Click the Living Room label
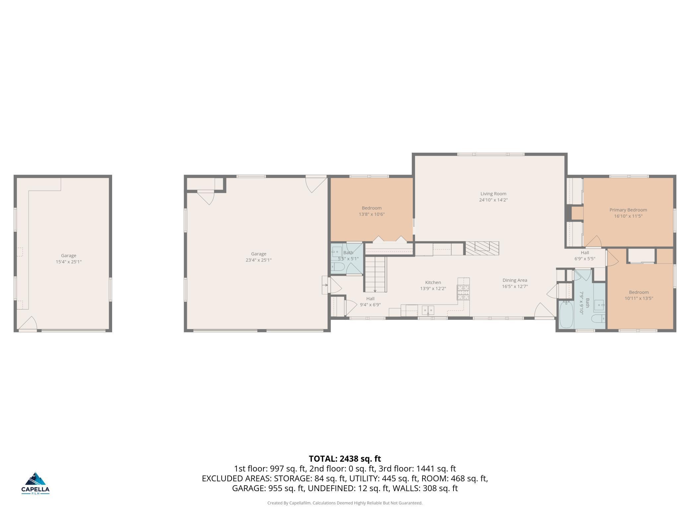coord(493,194)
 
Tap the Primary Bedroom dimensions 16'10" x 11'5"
coord(628,216)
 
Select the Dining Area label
coord(515,280)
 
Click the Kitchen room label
coord(433,282)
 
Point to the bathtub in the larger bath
coord(566,314)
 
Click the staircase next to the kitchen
coord(376,275)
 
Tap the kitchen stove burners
coord(463,293)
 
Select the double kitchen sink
coord(428,310)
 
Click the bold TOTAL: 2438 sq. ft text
coord(345,459)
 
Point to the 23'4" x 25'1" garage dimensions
coord(258,260)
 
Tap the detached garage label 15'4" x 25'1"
coord(69,262)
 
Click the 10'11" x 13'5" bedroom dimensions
coord(639,298)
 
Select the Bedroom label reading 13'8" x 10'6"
coord(372,211)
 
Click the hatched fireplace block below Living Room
coord(482,248)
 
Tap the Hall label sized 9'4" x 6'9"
coord(370,302)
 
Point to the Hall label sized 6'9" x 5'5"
coord(585,256)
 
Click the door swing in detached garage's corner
coord(28,323)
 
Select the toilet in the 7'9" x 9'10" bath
coord(598,318)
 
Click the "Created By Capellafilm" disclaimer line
coord(345,503)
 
